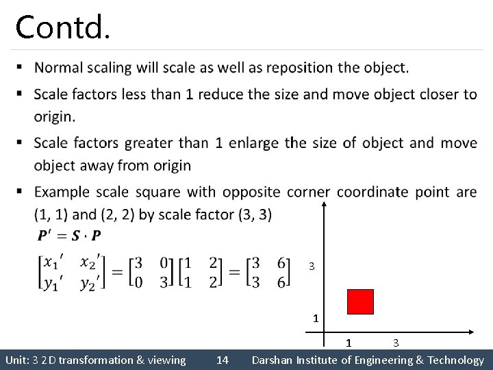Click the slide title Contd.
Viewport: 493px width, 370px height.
coord(62,27)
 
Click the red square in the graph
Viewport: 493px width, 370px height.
coord(361,301)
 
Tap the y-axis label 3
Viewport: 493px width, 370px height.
coord(312,266)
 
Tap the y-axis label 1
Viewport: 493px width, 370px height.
coord(315,318)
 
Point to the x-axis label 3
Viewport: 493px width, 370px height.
coord(396,342)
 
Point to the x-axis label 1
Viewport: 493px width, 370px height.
coord(349,342)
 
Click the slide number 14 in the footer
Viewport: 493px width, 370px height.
coord(223,360)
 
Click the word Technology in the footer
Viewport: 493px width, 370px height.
coord(455,360)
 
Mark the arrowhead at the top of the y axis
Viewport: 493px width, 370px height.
coord(325,203)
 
